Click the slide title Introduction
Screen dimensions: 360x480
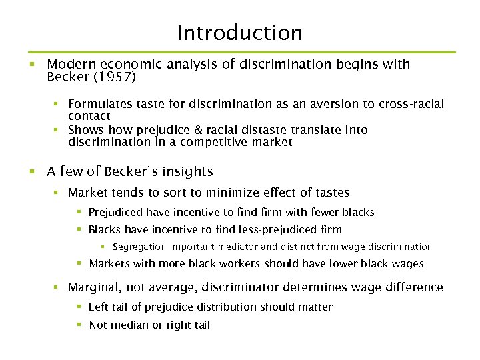(x=239, y=33)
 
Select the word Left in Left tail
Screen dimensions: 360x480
(x=97, y=307)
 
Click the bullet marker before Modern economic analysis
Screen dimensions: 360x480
(x=31, y=65)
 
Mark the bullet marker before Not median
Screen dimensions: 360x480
(x=79, y=325)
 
